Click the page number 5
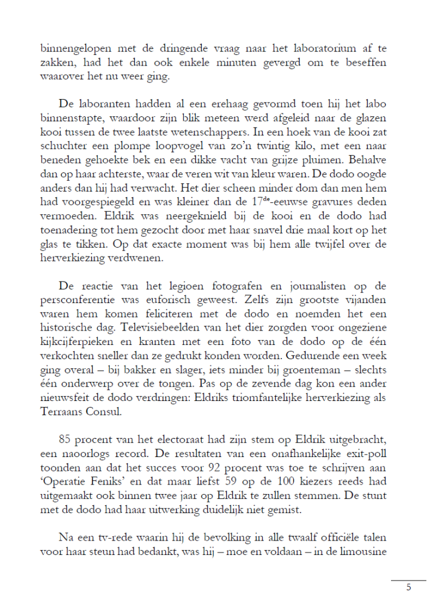(x=409, y=587)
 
